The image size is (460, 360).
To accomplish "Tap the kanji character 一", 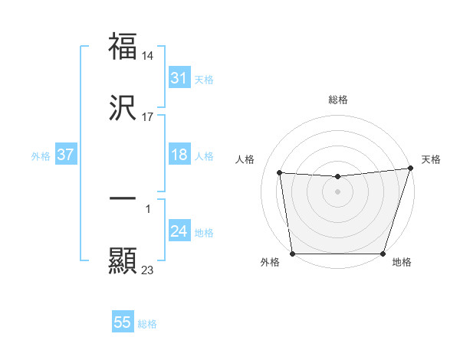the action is pyautogui.click(x=123, y=198).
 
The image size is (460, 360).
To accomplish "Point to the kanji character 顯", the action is pyautogui.click(x=123, y=261).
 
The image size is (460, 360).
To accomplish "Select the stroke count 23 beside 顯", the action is pyautogui.click(x=148, y=270).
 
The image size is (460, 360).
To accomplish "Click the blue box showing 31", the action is pyautogui.click(x=179, y=78).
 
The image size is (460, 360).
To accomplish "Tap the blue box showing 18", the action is pyautogui.click(x=179, y=155).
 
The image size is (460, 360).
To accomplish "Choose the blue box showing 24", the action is pyautogui.click(x=179, y=231).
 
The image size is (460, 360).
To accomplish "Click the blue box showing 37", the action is pyautogui.click(x=65, y=155).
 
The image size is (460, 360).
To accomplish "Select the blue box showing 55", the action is pyautogui.click(x=123, y=322).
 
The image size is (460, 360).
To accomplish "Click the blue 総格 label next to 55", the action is pyautogui.click(x=147, y=324).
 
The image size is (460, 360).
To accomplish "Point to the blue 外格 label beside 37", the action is pyautogui.click(x=41, y=156).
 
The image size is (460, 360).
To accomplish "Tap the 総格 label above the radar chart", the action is pyautogui.click(x=338, y=100).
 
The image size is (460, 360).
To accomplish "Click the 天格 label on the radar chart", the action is pyautogui.click(x=431, y=159).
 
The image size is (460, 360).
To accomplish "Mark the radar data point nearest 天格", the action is pyautogui.click(x=410, y=169).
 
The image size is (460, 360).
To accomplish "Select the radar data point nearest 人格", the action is pyautogui.click(x=280, y=173).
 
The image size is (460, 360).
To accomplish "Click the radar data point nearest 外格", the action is pyautogui.click(x=292, y=254).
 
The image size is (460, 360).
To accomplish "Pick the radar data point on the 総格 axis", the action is pyautogui.click(x=337, y=177).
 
